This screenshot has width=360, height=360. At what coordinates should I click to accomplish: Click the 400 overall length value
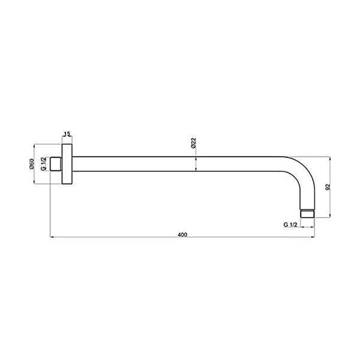(182, 234)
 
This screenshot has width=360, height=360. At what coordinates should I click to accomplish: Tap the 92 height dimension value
(328, 187)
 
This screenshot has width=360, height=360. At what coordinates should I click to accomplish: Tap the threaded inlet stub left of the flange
(56, 164)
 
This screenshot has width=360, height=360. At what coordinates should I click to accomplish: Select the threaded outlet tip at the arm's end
(307, 212)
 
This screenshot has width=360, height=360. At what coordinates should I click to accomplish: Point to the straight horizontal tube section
(180, 164)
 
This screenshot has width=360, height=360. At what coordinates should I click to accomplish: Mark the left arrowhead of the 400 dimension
(52, 239)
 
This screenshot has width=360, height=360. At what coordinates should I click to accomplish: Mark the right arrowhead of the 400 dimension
(311, 239)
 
